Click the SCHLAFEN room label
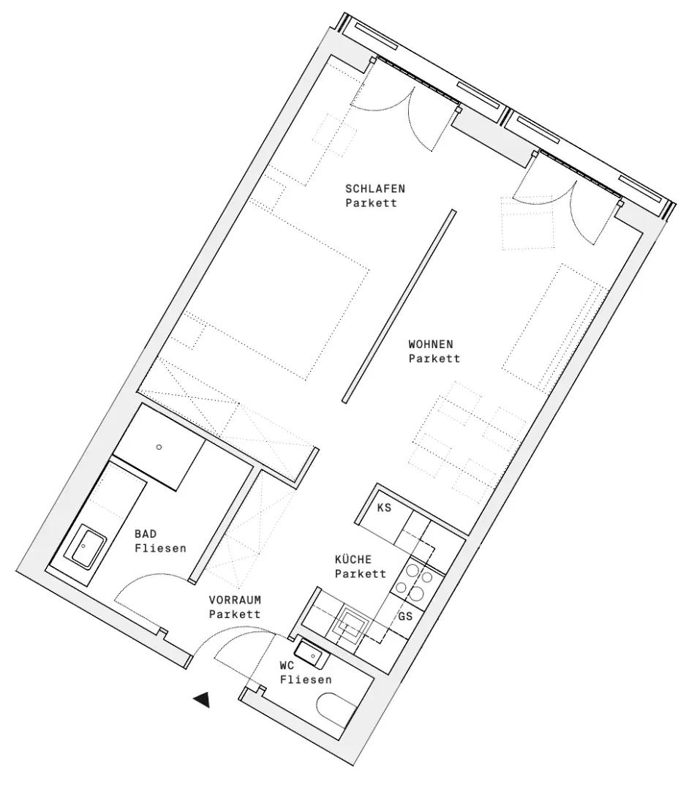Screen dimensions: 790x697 pyautogui.click(x=375, y=188)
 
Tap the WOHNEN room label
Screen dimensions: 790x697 pyautogui.click(x=431, y=343)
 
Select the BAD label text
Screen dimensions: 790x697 pyautogui.click(x=146, y=535)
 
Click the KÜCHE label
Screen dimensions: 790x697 pyautogui.click(x=353, y=560)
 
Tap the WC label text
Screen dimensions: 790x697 pyautogui.click(x=287, y=666)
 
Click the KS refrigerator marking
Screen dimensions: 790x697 pyautogui.click(x=383, y=507)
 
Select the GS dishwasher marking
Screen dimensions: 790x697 pyautogui.click(x=406, y=616)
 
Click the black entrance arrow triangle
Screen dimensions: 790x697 pyautogui.click(x=202, y=700)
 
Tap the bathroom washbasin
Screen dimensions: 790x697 pyautogui.click(x=86, y=547)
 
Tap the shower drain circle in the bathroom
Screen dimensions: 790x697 pyautogui.click(x=159, y=446)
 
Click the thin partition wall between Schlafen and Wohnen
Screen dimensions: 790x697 pyautogui.click(x=399, y=306)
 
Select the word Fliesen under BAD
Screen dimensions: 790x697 pyautogui.click(x=160, y=548)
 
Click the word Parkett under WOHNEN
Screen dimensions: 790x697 pyautogui.click(x=434, y=358)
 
